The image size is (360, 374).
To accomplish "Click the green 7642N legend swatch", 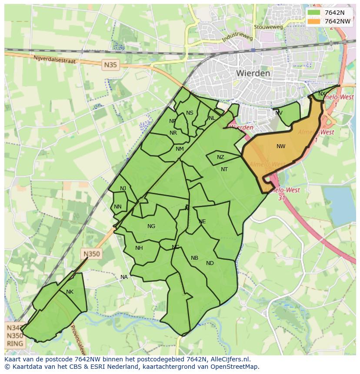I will pos(313,13).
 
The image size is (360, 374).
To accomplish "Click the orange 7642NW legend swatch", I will pos(313,21).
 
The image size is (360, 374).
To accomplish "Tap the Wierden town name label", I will pos(253,73).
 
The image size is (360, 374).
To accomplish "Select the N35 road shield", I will pos(111,65).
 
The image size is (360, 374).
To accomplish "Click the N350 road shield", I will pos(92,254).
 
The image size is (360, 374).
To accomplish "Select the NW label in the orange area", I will pos(281,146).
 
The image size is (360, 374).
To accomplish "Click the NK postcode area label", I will pos(70,292).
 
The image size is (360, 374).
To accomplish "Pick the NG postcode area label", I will pos(151,226).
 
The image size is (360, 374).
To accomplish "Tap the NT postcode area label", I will pos(224,169).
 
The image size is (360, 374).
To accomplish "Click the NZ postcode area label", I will pos(220,157).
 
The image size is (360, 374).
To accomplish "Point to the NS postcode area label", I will pos(190,113).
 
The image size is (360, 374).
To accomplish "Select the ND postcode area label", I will pos(210,263).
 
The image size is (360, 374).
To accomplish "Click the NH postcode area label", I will pos(139,248).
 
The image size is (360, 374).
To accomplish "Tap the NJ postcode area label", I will pos(123,188).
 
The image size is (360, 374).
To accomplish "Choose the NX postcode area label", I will pos(322,94).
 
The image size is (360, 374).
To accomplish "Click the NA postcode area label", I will pos(124,277).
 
